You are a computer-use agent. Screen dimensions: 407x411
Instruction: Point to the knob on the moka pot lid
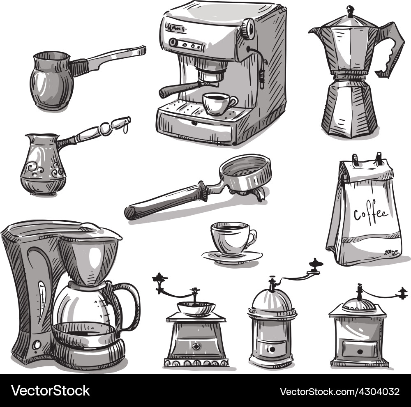350,9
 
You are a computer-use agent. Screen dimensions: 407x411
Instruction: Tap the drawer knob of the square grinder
360,351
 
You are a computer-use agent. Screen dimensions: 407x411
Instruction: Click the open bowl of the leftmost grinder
196,307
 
